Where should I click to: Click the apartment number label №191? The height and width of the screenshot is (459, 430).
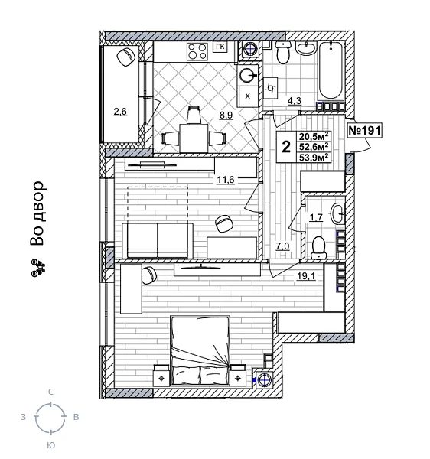[x=364, y=131]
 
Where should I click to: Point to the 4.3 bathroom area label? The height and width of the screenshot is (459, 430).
[x=295, y=100]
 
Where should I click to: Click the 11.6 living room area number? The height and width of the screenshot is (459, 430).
[x=226, y=180]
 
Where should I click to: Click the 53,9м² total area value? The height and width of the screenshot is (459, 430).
[x=314, y=158]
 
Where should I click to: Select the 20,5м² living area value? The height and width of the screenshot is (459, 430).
[x=314, y=136]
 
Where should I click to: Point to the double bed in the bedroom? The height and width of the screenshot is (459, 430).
[x=201, y=351]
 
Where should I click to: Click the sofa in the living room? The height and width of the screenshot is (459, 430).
[x=157, y=240]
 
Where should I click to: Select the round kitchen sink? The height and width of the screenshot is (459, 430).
[x=247, y=76]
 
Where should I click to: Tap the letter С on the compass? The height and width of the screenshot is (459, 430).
[x=50, y=392]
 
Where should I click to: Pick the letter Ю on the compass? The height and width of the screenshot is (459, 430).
[x=50, y=444]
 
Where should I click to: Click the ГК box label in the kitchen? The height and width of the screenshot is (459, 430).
[x=220, y=47]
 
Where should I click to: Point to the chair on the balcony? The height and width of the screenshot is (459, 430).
[x=125, y=58]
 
